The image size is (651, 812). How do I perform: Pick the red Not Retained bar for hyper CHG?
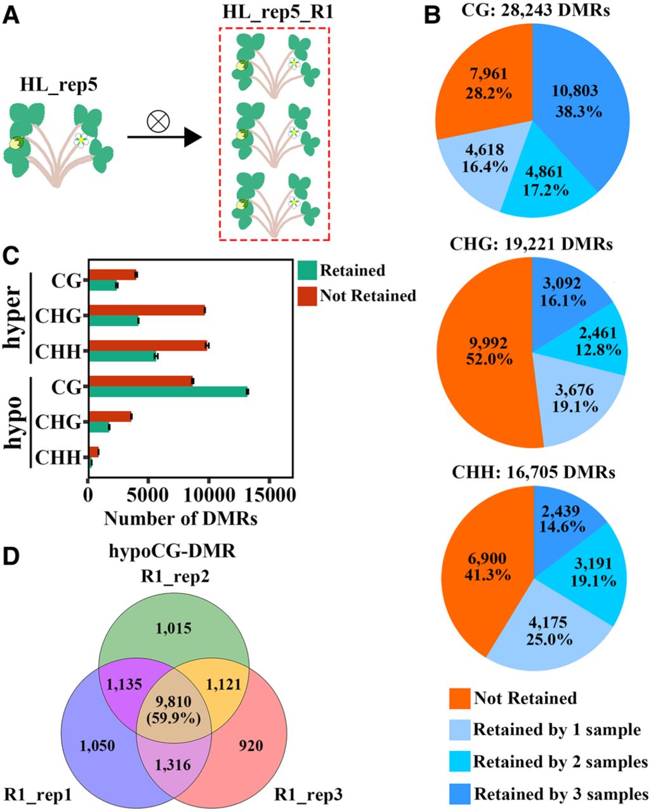[x=147, y=311]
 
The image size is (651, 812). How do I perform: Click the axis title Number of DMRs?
[x=181, y=518]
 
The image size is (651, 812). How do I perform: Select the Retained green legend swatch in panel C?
[x=307, y=270]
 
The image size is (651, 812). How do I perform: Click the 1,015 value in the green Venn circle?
[x=174, y=628]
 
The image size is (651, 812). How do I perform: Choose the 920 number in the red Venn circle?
[x=251, y=745]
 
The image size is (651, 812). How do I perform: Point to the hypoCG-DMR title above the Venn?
[x=172, y=551]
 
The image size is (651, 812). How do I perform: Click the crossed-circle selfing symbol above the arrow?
[x=158, y=122]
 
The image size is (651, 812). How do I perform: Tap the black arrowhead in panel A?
[x=193, y=136]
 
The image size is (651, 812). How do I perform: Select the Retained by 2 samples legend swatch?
[x=459, y=761]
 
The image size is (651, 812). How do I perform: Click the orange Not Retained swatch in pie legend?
[x=459, y=698]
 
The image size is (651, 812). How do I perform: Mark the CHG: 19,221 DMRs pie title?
[x=531, y=244]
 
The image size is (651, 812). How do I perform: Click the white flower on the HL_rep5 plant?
[x=80, y=140]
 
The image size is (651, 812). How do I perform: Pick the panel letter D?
[x=11, y=556]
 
